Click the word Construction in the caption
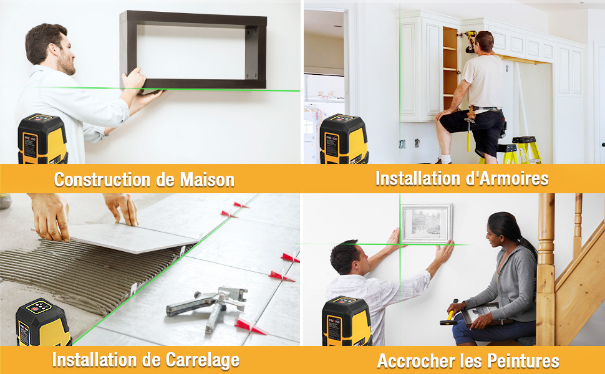point(103,180)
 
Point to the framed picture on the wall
point(426,223)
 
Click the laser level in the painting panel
point(346,321)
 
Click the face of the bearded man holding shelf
point(63,53)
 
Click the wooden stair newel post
point(546,268)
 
